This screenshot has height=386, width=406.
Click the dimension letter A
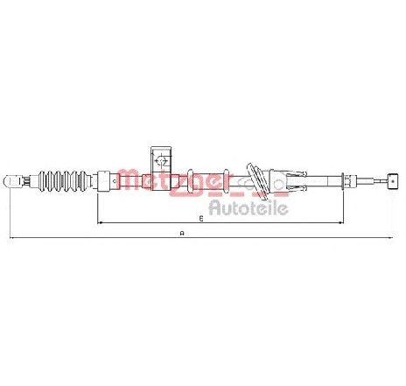point(182,233)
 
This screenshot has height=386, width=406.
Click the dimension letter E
point(201,218)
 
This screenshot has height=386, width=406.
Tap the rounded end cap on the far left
point(12,180)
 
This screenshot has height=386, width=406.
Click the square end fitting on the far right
point(393,180)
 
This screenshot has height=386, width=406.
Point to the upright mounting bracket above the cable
point(161,168)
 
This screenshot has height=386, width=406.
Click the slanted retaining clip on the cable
point(257,182)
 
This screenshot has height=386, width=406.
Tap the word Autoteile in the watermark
point(248,207)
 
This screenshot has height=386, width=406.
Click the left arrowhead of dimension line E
point(100,223)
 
